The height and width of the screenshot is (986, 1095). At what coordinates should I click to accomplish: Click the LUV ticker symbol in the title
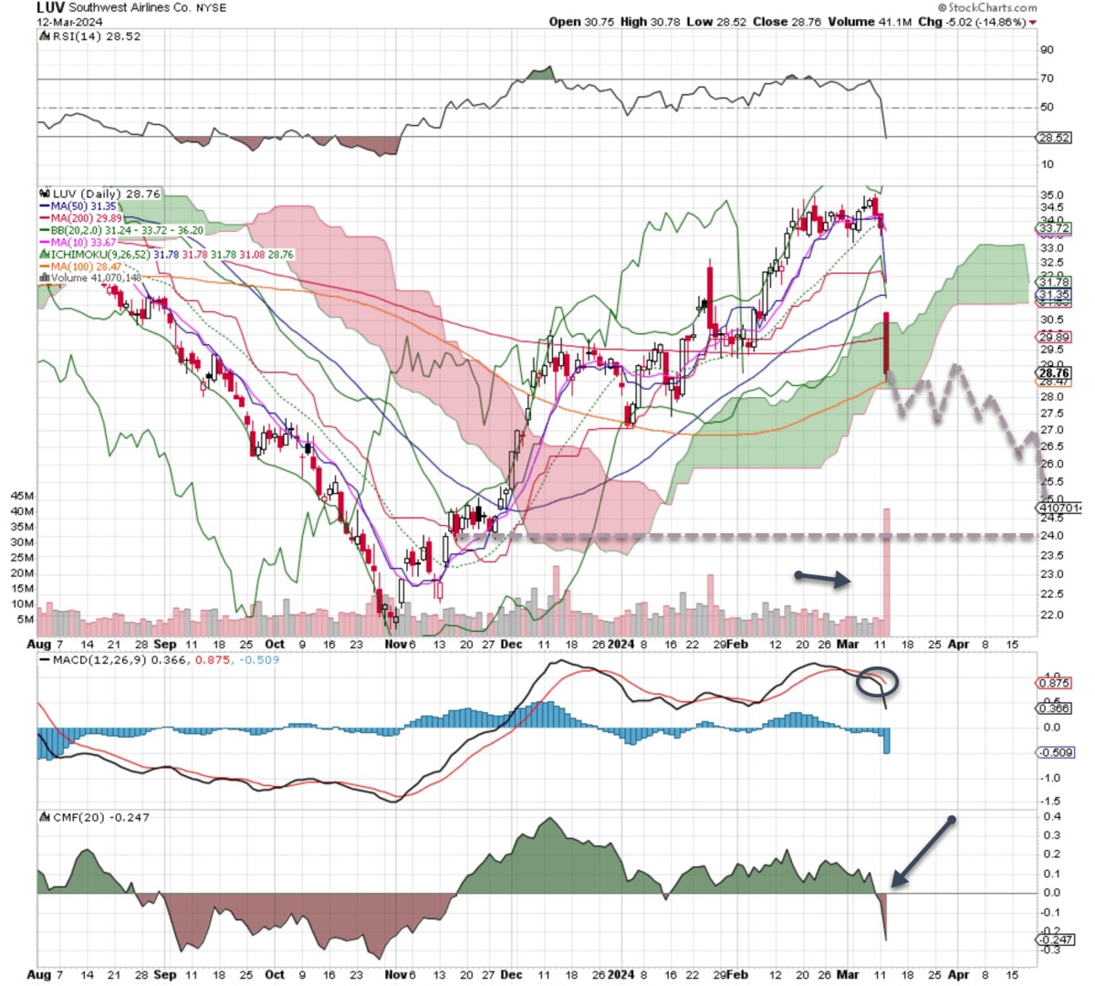pos(50,7)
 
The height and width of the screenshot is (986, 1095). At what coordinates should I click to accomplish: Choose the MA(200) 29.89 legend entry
pos(86,218)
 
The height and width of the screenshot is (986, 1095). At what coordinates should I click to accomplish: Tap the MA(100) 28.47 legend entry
pos(87,266)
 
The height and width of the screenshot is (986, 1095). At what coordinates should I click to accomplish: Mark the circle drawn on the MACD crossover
pos(878,682)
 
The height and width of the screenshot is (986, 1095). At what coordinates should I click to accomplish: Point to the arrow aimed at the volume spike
pos(824,577)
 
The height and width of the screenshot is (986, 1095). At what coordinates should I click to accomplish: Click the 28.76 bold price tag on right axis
pos(1054,372)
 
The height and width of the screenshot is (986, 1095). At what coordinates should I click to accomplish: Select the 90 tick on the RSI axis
pos(1047,50)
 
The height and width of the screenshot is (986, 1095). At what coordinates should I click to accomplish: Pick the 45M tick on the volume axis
pos(23,496)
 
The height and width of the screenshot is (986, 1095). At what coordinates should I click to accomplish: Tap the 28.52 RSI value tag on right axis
pos(1054,137)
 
